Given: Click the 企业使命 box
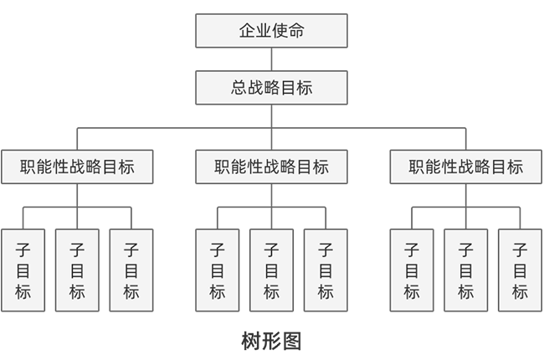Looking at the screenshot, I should (x=271, y=31).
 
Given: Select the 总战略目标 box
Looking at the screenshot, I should (x=271, y=87).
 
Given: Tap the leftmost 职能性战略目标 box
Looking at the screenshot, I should (x=77, y=167).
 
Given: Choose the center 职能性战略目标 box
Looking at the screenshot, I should (x=271, y=167).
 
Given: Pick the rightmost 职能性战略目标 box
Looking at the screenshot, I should (x=466, y=167).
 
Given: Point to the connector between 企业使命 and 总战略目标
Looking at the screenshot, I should (x=271, y=59).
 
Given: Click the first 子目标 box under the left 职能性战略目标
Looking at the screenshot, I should (x=23, y=270).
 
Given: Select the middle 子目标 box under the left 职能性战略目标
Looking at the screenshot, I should (x=77, y=270).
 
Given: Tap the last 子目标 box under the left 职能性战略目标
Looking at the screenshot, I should (x=131, y=270).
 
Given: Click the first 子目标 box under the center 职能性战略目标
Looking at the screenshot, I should (x=217, y=270).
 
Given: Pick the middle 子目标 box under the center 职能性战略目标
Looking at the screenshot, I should (x=271, y=270).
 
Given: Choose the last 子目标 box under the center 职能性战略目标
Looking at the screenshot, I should (x=326, y=270).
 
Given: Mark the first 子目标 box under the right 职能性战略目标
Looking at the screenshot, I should (x=412, y=270).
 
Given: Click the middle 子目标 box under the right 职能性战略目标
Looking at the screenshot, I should (x=466, y=270).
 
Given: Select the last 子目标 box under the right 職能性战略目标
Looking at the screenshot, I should (x=520, y=270).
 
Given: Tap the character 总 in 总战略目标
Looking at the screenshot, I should (x=239, y=87).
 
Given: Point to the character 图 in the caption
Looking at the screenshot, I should (x=290, y=341).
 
